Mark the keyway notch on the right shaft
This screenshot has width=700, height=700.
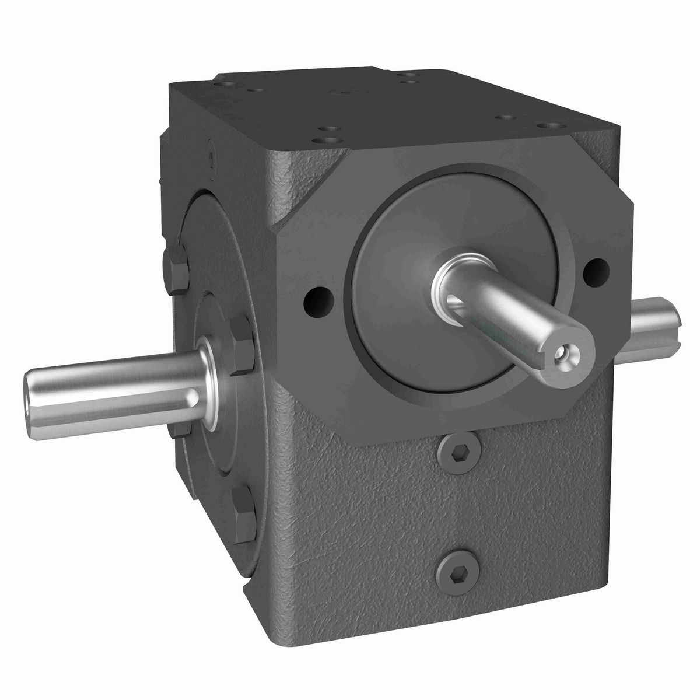[677, 318]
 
